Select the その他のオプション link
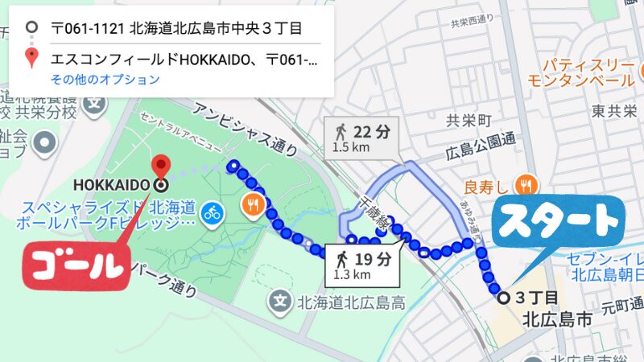(x=105, y=80)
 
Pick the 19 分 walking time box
(x=363, y=265)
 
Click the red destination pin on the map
(x=163, y=166)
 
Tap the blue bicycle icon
(x=213, y=212)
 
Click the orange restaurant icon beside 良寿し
(x=526, y=185)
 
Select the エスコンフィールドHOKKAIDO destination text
(x=184, y=59)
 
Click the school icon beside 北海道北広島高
(x=279, y=303)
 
